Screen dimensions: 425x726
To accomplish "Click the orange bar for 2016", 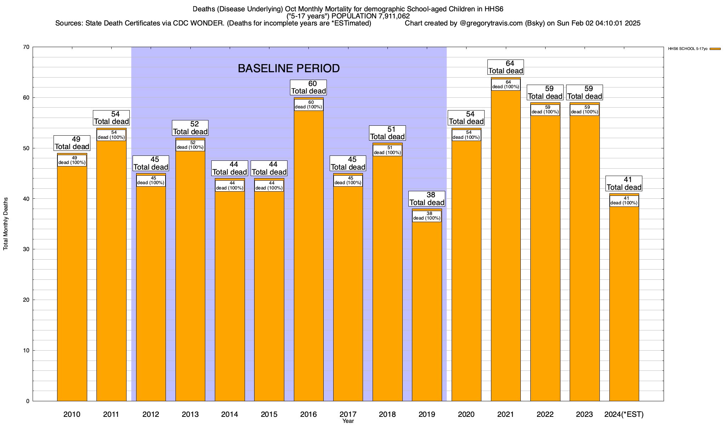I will (308, 255).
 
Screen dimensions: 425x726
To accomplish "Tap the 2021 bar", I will (506, 248).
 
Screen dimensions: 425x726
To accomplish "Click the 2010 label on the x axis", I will (72, 414).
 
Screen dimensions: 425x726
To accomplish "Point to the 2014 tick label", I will (230, 414).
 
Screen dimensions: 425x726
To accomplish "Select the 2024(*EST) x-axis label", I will (624, 414).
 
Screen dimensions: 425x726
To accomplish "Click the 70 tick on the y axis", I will (26, 47).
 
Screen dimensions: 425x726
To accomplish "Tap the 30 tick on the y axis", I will (26, 249).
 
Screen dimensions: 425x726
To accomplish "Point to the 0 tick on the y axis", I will (28, 401).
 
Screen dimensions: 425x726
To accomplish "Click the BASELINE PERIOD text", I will (289, 68).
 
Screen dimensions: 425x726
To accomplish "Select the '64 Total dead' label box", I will (506, 67).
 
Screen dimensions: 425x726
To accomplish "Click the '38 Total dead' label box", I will (427, 199).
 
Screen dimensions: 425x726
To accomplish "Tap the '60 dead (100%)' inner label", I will (308, 105).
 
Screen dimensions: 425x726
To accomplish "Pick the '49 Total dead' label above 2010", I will (72, 143).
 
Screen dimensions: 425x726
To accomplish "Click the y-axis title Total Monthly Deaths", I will (6, 224).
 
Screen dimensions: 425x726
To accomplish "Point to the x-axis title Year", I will (348, 421).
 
